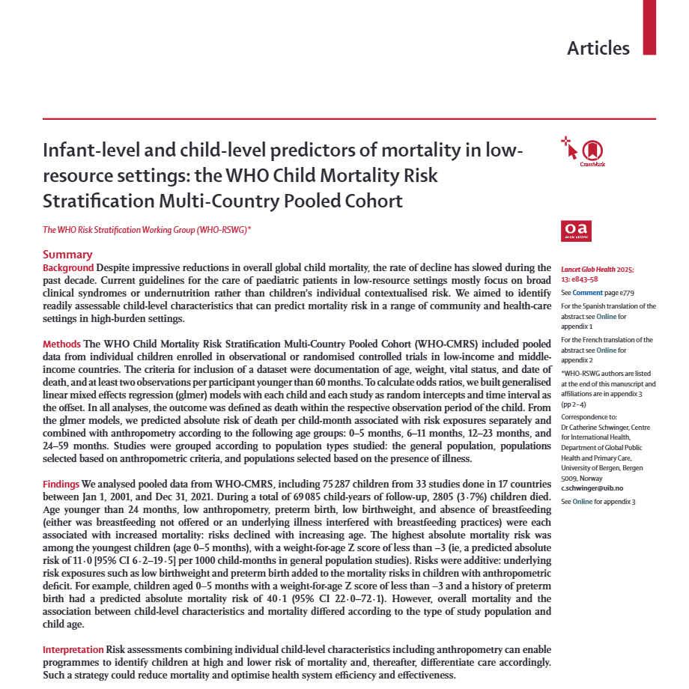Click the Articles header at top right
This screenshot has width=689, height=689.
point(598,48)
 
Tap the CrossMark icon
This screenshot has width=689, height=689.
point(592,151)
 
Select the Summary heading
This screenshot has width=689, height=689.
point(67,255)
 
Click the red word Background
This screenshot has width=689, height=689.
point(68,268)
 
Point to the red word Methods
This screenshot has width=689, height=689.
point(62,344)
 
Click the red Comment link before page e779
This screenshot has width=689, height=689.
point(587,294)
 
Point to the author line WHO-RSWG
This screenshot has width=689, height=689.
point(147,230)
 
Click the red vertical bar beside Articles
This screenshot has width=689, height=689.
point(649,27)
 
